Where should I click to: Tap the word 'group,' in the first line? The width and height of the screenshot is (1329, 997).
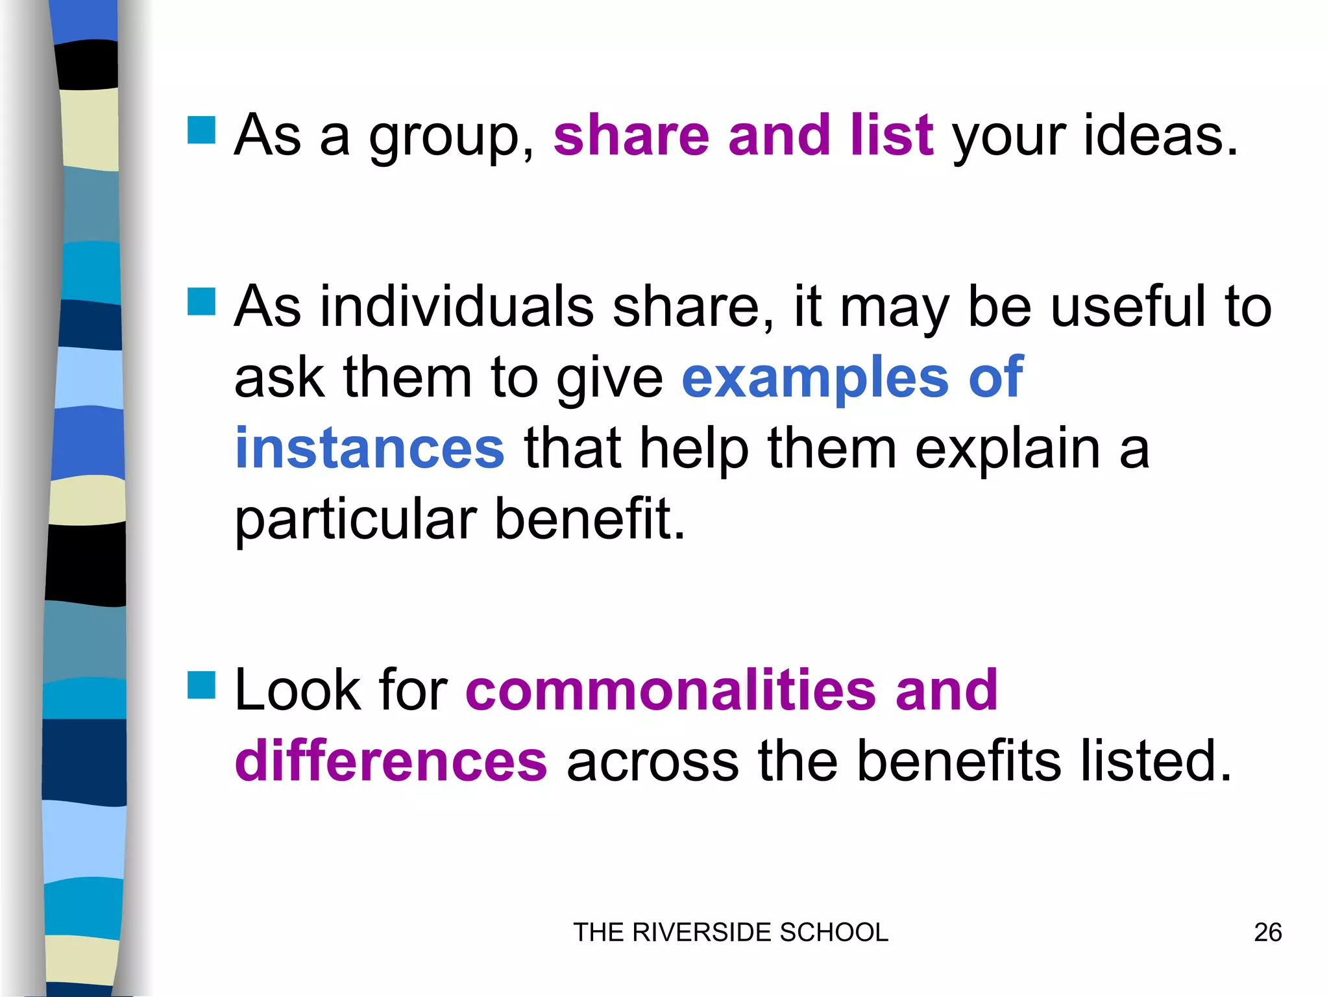452,138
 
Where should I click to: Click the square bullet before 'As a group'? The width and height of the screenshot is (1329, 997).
201,130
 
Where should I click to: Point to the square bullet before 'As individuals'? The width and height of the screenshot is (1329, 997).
201,301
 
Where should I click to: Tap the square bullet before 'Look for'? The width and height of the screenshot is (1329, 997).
201,685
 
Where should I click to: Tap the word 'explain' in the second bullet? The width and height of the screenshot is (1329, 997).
1008,450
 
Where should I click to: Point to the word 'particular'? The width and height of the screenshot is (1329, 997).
356,521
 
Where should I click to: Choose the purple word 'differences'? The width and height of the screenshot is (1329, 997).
391,761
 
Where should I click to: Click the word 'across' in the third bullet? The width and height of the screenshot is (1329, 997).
652,762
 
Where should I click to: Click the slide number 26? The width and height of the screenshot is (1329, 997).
1267,933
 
